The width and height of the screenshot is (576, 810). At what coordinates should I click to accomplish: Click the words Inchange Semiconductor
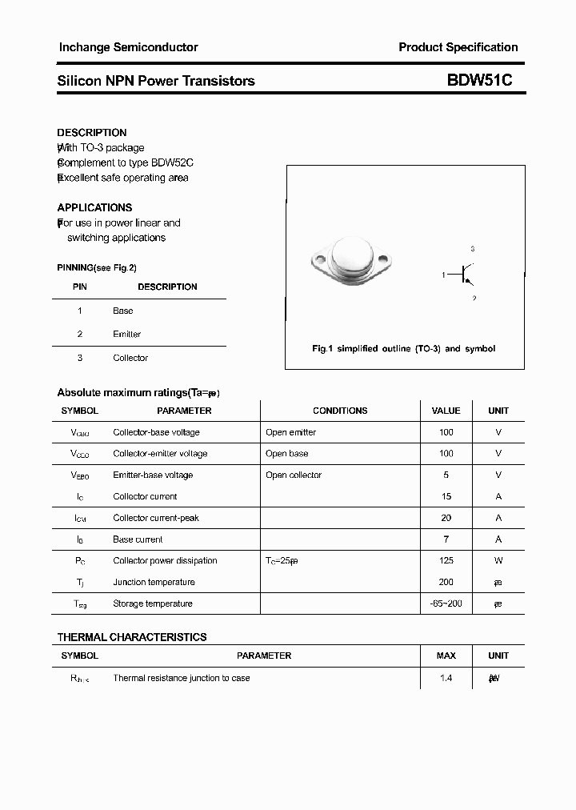[x=128, y=47]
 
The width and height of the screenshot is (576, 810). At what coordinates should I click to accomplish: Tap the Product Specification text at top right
[x=458, y=47]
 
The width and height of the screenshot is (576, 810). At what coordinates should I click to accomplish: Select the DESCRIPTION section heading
[x=92, y=133]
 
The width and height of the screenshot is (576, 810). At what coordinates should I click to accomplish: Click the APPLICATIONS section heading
[x=94, y=207]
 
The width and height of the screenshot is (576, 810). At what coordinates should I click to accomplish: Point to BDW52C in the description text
[x=173, y=162]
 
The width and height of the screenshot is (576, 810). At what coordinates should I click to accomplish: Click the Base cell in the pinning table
[x=123, y=311]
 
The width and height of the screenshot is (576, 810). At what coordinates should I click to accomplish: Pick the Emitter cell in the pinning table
[x=126, y=334]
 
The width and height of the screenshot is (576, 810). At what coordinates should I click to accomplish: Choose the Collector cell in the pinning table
[x=130, y=358]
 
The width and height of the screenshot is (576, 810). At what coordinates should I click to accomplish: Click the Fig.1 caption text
[x=403, y=349]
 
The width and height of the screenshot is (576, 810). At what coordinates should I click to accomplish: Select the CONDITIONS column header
[x=340, y=411]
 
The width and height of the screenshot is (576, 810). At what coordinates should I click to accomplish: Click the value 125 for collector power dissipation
[x=446, y=560]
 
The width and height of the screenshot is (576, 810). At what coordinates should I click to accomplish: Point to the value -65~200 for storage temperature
[x=446, y=603]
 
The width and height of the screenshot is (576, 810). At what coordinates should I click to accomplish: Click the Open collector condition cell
[x=294, y=475]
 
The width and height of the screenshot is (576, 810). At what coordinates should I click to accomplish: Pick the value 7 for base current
[x=446, y=539]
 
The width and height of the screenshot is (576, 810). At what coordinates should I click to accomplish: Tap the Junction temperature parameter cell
[x=154, y=582]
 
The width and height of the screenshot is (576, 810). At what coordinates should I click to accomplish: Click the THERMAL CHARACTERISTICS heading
[x=132, y=637]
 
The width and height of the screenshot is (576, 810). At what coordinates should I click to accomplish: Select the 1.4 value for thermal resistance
[x=446, y=678]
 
